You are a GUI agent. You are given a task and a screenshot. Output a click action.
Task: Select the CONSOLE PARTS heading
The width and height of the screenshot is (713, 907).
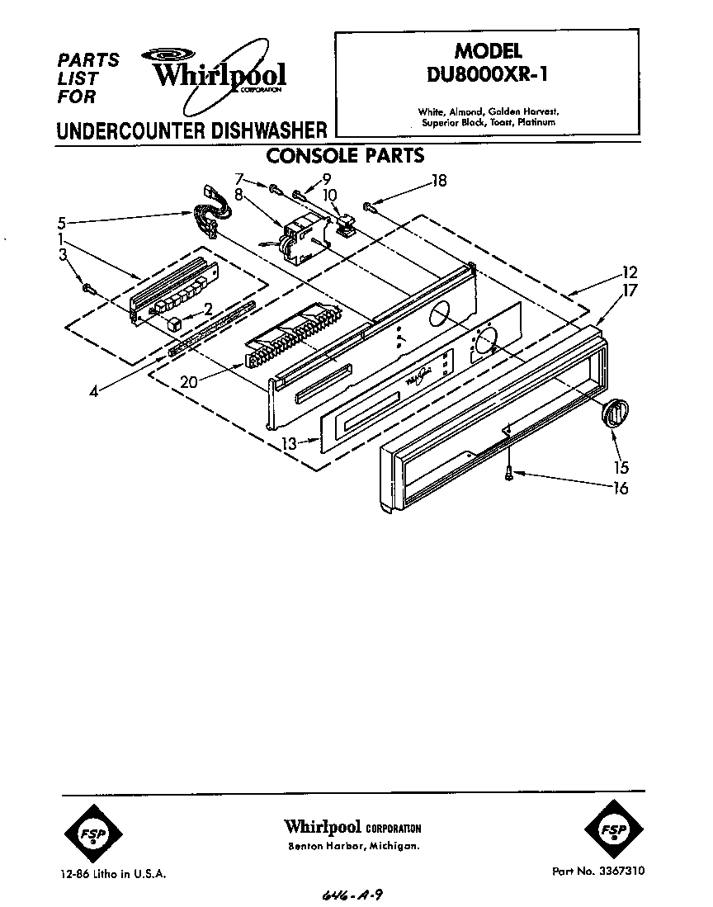[344, 154]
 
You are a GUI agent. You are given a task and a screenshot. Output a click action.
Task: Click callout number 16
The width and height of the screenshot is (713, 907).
[619, 488]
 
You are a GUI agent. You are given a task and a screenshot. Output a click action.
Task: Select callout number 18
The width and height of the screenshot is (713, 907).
[439, 181]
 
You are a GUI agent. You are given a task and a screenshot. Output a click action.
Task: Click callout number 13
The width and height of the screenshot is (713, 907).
[288, 443]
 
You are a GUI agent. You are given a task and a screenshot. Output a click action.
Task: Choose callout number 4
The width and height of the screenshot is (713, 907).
[94, 392]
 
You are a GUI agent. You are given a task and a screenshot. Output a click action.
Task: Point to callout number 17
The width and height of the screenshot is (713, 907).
[631, 290]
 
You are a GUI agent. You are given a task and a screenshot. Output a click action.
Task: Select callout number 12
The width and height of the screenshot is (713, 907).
[630, 272]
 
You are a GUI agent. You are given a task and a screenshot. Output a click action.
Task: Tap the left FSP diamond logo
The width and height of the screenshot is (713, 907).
[92, 833]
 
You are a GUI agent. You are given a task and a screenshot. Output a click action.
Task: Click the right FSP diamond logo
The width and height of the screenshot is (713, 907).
[611, 829]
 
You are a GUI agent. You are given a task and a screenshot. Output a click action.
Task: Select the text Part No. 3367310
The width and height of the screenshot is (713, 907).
[598, 871]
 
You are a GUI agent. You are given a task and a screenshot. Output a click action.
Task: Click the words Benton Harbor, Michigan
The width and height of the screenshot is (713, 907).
[353, 848]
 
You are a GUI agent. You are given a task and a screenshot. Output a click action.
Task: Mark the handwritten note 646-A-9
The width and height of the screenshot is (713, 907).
[352, 895]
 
